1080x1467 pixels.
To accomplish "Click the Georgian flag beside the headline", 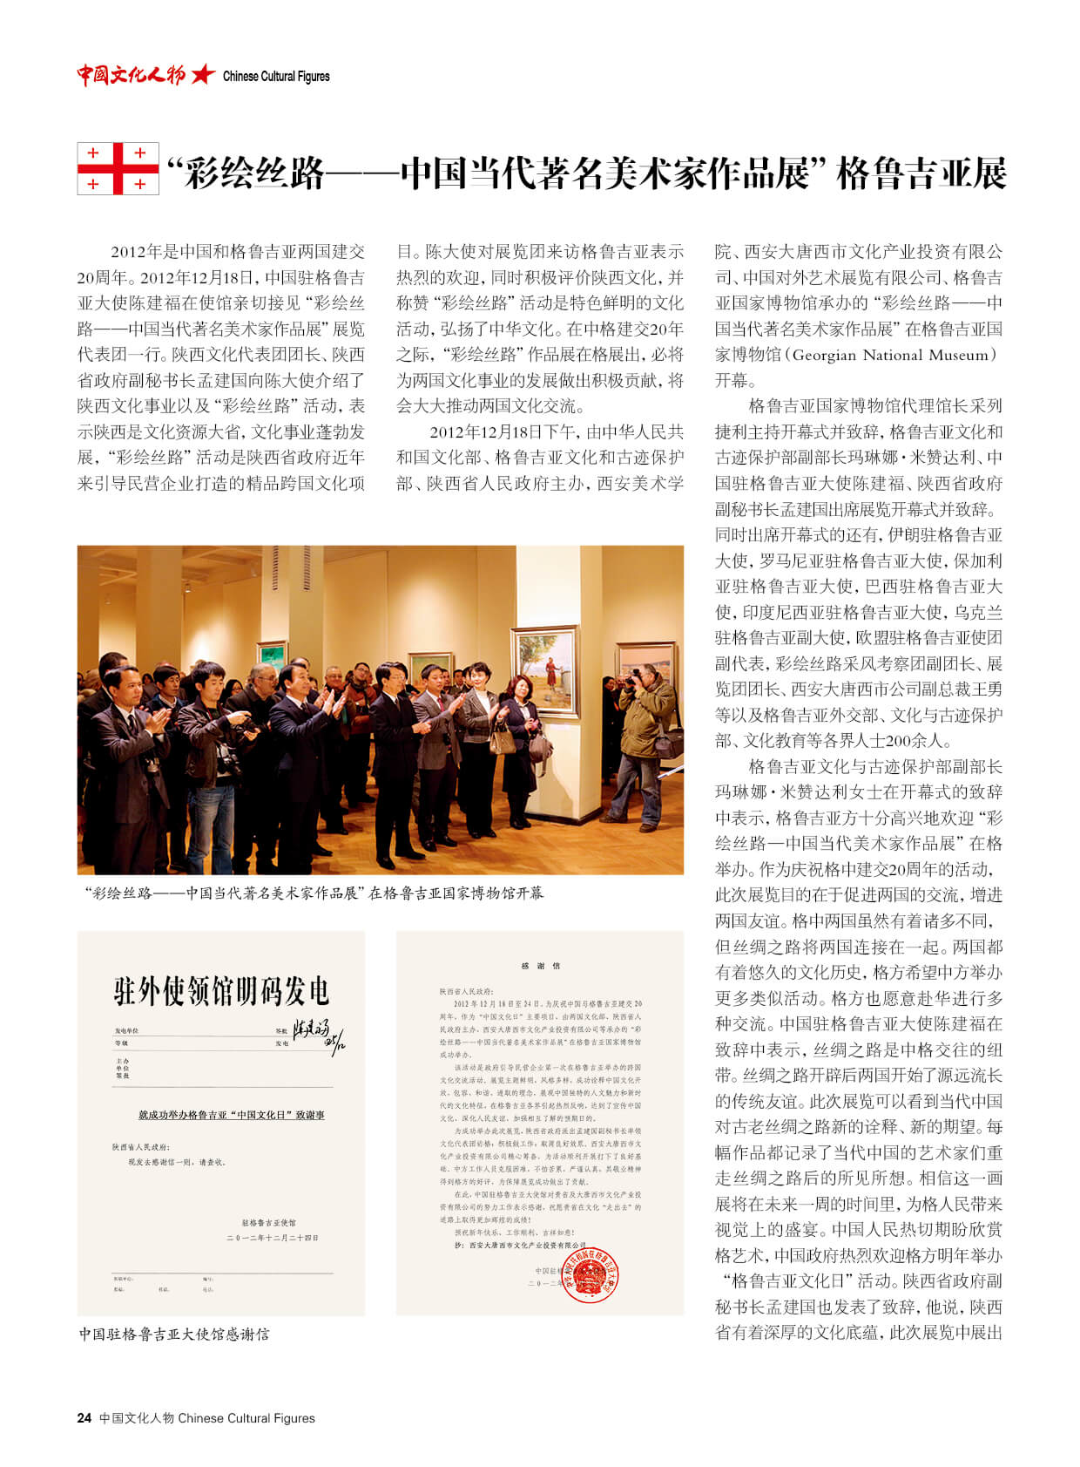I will [x=118, y=168].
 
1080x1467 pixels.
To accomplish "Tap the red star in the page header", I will [x=203, y=75].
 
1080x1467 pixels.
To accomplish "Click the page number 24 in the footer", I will [x=84, y=1418].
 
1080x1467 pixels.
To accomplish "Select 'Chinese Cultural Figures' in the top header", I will [x=276, y=77].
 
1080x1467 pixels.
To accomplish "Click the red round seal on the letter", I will [x=590, y=1273].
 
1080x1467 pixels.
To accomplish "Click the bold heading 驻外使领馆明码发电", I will [x=221, y=991].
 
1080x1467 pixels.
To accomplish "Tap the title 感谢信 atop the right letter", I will [x=540, y=966].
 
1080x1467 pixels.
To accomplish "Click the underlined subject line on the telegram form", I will [x=232, y=1115].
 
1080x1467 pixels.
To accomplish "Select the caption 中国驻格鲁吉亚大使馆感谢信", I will [x=174, y=1334].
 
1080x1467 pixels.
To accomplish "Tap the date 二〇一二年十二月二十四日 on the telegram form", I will [x=273, y=1238].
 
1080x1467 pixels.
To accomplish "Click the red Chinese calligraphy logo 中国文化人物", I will [x=131, y=75].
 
